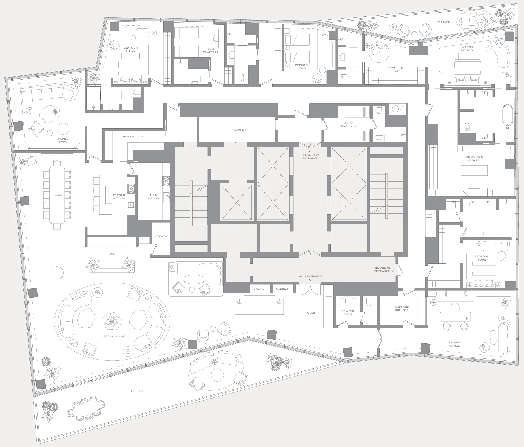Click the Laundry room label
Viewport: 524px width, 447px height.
click(x=241, y=130)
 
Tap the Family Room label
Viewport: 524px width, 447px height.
click(x=63, y=141)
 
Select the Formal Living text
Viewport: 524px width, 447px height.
click(x=114, y=337)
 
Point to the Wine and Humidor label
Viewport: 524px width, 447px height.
click(x=401, y=308)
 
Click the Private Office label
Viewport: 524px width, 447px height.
click(x=454, y=344)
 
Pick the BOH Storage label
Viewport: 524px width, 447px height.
click(x=133, y=137)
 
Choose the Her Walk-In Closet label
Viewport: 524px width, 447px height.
click(x=474, y=159)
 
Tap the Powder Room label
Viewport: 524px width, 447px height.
click(x=348, y=313)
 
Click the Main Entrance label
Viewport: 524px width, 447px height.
click(x=310, y=276)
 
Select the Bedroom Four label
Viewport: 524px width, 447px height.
click(x=482, y=258)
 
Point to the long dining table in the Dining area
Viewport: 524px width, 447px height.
click(x=57, y=195)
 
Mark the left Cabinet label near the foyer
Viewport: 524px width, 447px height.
click(x=260, y=289)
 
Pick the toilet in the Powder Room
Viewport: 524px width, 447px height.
click(x=369, y=302)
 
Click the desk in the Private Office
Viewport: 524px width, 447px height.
click(x=455, y=316)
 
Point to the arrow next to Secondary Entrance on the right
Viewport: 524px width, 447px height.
click(x=393, y=271)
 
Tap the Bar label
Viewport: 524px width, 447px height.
click(x=112, y=254)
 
